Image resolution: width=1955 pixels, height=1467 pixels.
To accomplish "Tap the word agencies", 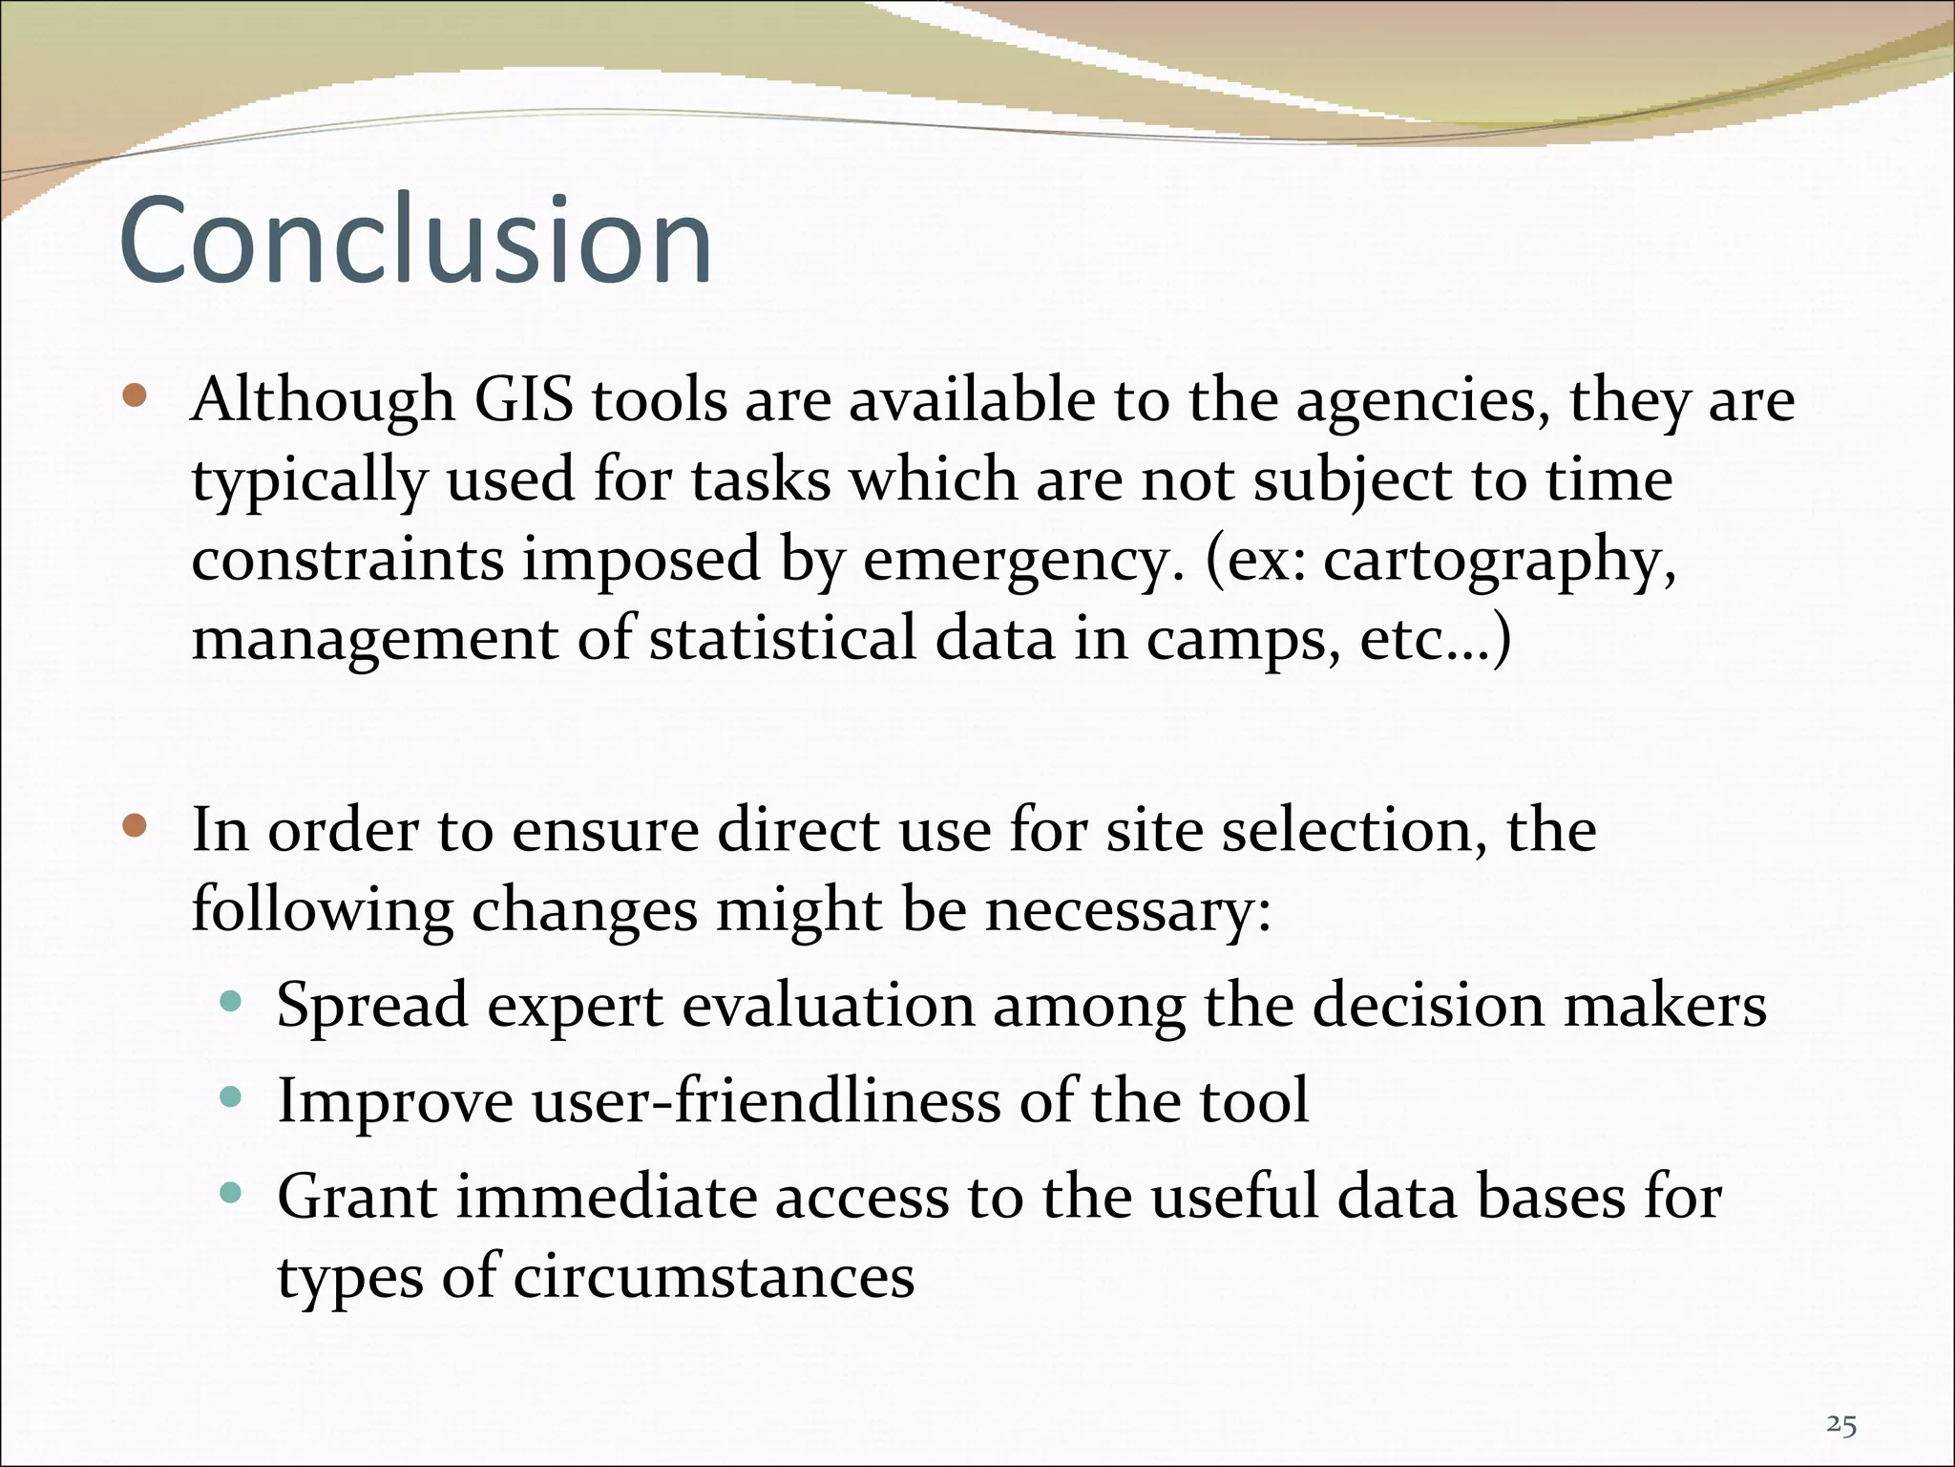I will pyautogui.click(x=1422, y=401).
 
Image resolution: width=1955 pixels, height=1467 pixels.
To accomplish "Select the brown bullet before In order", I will pyautogui.click(x=135, y=825).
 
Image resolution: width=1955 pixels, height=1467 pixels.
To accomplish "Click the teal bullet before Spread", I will pyautogui.click(x=230, y=1002).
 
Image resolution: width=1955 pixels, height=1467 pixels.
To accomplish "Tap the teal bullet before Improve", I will pyautogui.click(x=230, y=1097).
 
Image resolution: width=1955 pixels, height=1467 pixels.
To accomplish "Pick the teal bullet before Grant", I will pyautogui.click(x=230, y=1193).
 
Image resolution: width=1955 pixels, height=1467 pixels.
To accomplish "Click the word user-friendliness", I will pyautogui.click(x=766, y=1100).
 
